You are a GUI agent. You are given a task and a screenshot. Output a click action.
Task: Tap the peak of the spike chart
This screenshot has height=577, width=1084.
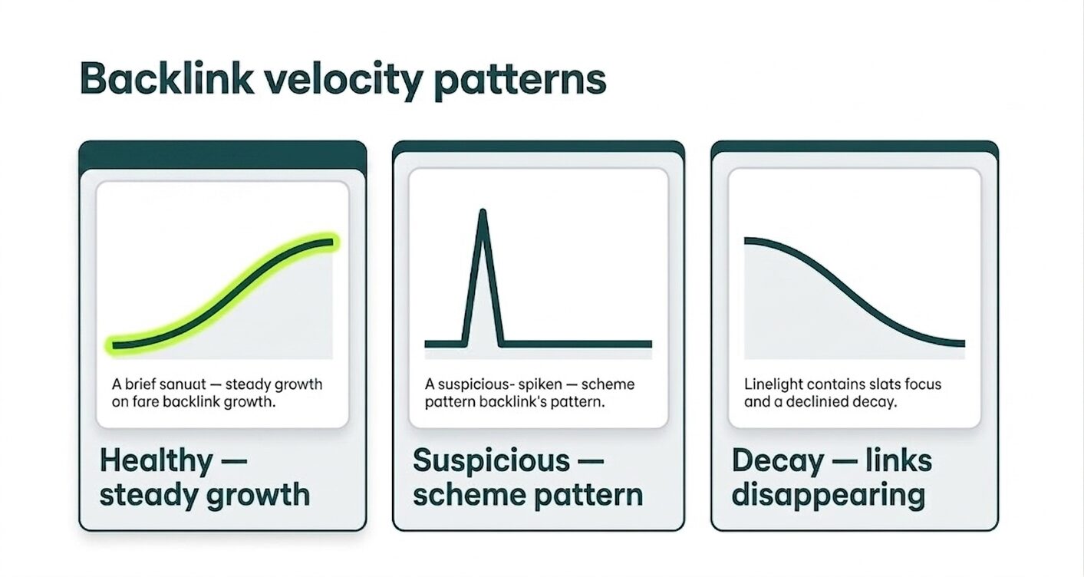pyautogui.click(x=483, y=212)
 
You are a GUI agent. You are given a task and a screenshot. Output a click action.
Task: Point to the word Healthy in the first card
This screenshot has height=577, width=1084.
pyautogui.click(x=156, y=461)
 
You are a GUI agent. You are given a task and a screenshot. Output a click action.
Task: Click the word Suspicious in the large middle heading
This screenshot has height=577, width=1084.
pyautogui.click(x=491, y=461)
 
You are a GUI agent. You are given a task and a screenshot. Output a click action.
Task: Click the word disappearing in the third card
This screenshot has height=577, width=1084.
pyautogui.click(x=828, y=495)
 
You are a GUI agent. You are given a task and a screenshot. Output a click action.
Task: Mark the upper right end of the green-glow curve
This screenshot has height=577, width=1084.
pyautogui.click(x=331, y=243)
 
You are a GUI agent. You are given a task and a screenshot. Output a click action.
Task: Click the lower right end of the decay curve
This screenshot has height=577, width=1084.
pyautogui.click(x=963, y=343)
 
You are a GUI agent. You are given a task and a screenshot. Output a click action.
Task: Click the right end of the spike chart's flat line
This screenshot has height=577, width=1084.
pyautogui.click(x=650, y=344)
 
